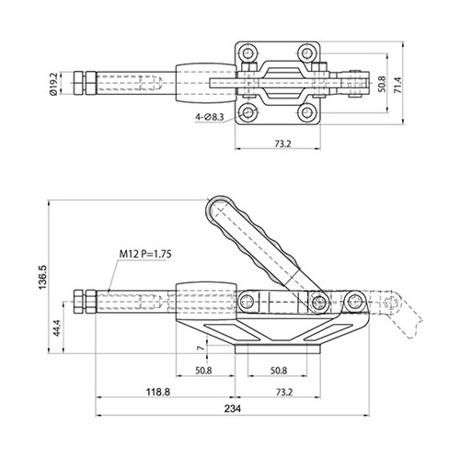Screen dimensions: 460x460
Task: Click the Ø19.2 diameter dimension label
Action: [x=53, y=83]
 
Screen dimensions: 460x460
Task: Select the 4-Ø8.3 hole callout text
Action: [x=210, y=117]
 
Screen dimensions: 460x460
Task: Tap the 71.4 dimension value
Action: [x=397, y=85]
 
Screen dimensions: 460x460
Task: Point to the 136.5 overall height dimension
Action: [x=42, y=277]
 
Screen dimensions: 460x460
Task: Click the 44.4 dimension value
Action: [x=57, y=328]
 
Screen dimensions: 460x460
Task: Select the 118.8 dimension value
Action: [x=158, y=392]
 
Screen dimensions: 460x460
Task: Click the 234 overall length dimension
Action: [x=233, y=408]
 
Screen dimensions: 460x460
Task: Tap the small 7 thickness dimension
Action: [x=201, y=348]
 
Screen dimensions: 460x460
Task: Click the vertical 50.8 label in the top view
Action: [x=382, y=85]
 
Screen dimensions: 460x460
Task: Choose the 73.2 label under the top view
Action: [x=282, y=144]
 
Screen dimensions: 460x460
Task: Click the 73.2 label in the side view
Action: [x=284, y=392]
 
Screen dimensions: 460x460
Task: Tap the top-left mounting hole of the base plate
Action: [x=248, y=53]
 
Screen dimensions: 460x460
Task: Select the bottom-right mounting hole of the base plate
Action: [x=306, y=112]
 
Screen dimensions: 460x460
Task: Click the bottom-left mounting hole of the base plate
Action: [x=248, y=112]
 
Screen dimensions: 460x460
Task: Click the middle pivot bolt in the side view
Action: [x=319, y=303]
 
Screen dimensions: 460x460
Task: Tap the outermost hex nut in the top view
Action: [x=78, y=83]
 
